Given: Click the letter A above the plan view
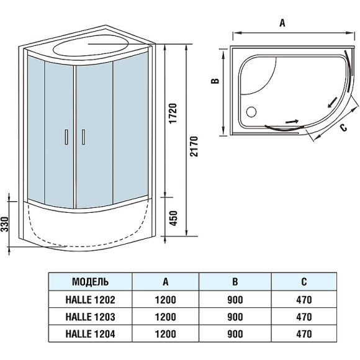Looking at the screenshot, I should (x=282, y=23).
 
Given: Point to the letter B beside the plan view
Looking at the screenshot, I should (x=213, y=81).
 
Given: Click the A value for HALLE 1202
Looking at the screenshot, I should (x=166, y=299).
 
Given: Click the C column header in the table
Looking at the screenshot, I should (x=303, y=281).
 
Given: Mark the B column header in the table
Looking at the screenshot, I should (x=234, y=281).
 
